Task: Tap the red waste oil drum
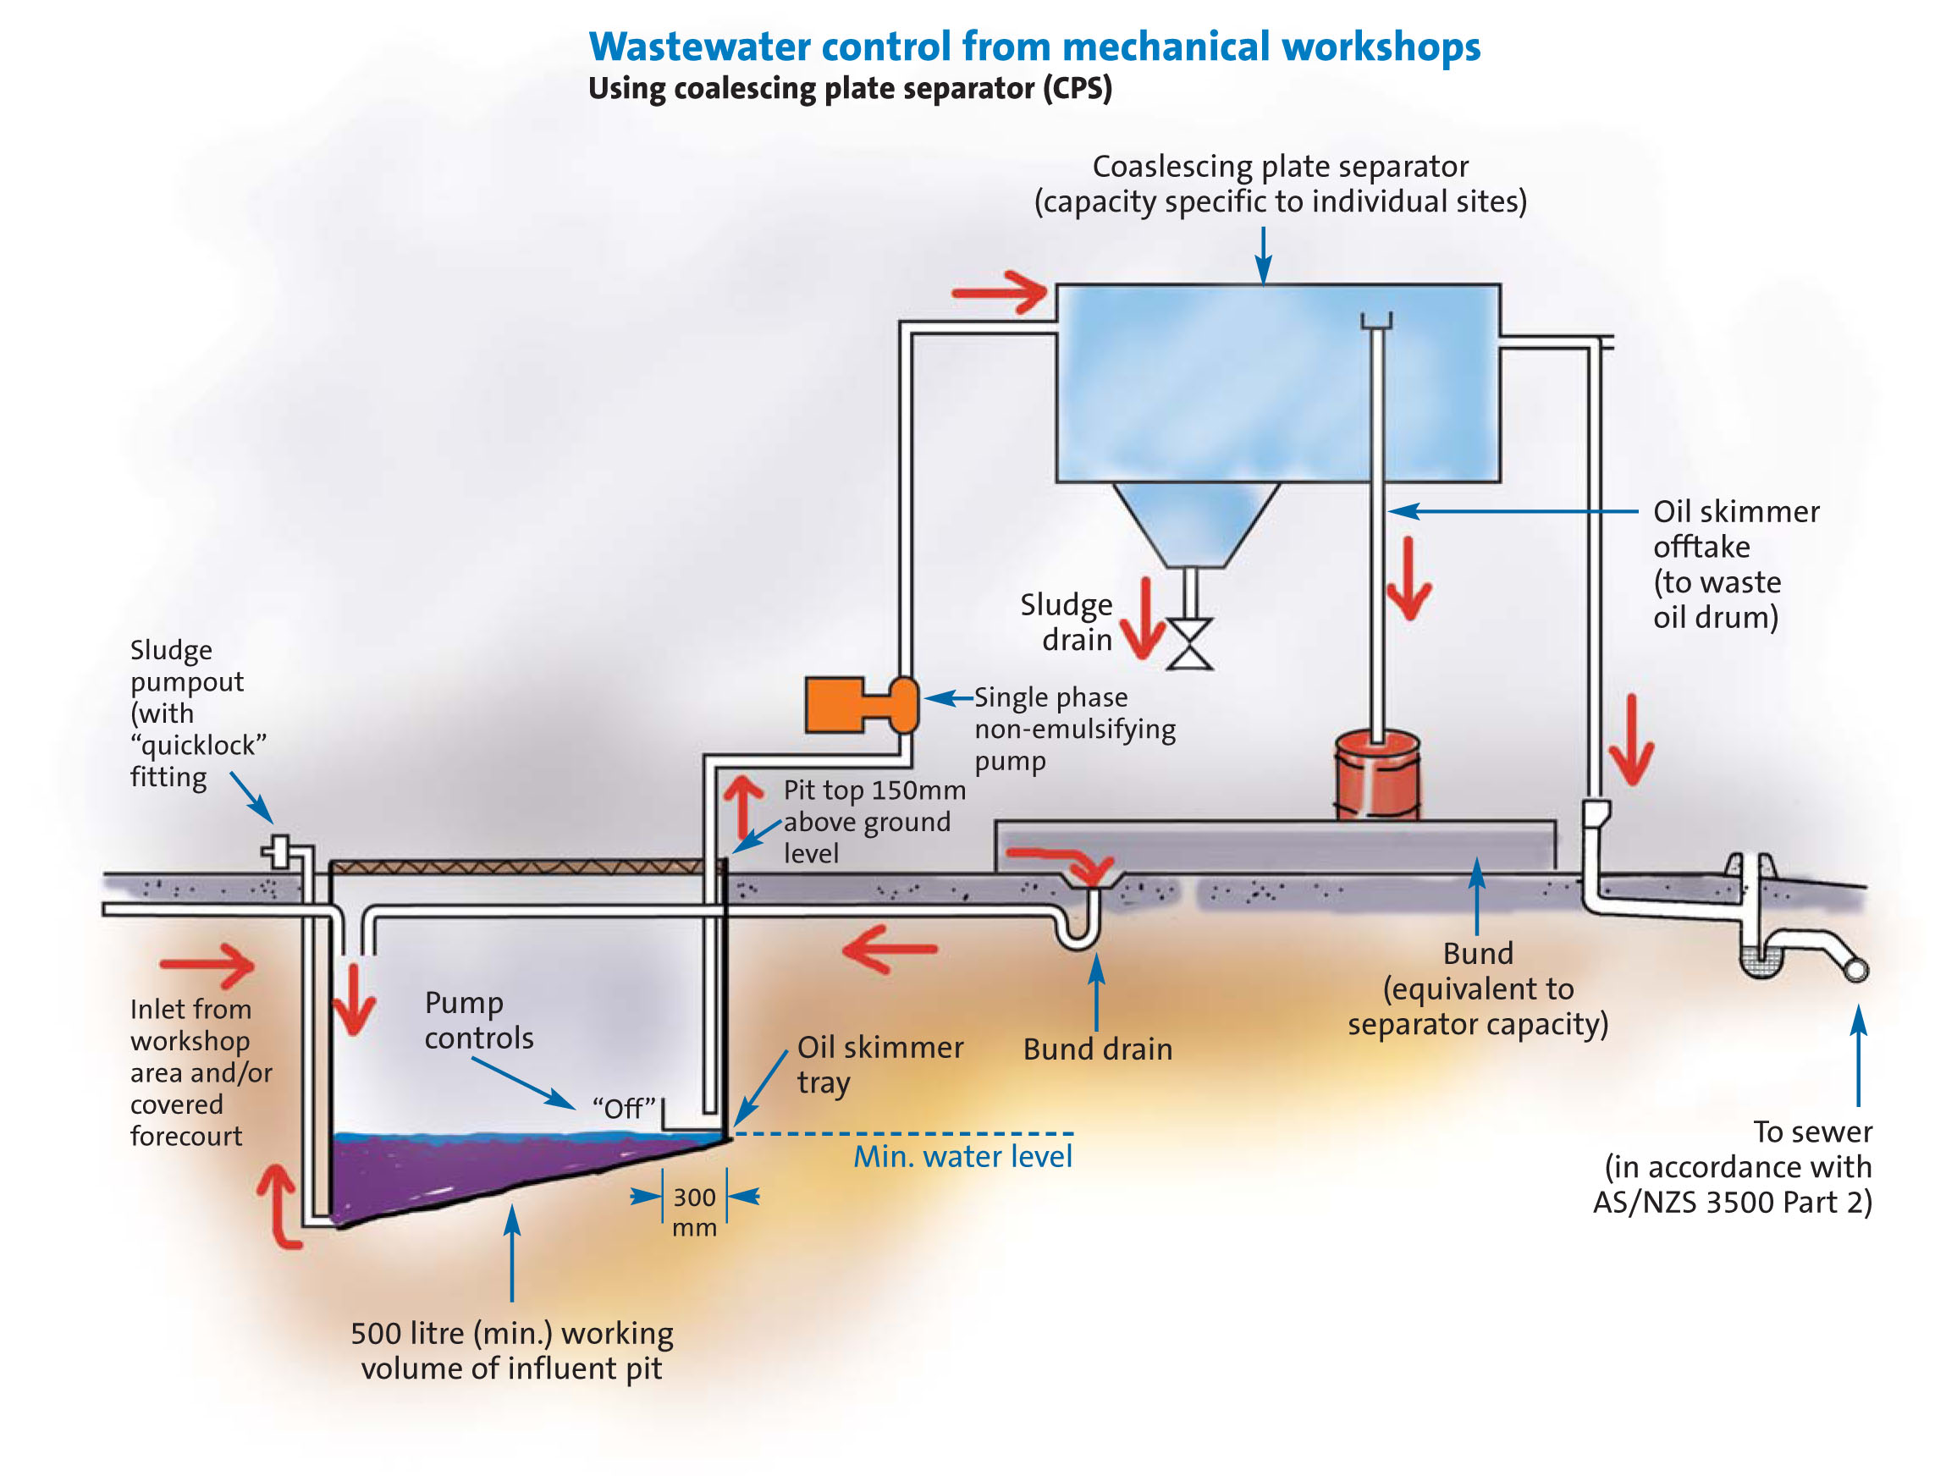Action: coord(1376,775)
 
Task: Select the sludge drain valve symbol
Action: coord(1189,644)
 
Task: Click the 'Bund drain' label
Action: coord(1097,1049)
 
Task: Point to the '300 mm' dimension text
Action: coord(693,1212)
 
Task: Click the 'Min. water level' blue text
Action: coord(962,1156)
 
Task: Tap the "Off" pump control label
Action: coord(624,1108)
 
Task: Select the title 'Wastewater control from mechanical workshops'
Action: coord(1034,47)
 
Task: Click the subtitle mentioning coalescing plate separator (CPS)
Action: coord(849,88)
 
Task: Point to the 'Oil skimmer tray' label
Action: coord(879,1064)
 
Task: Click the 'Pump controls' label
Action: coord(478,1020)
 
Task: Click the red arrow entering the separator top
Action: coord(1000,292)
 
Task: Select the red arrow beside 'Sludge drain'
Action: coord(1144,619)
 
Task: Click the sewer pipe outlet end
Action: coord(1856,970)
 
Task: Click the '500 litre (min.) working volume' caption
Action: coord(511,1351)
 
